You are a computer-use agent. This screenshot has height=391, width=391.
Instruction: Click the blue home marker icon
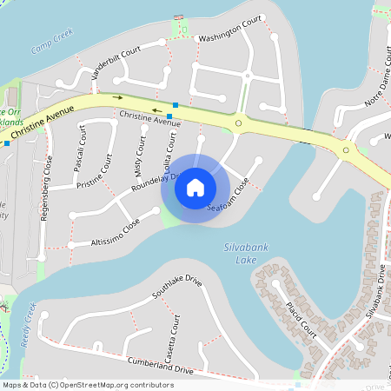pyautogui.click(x=195, y=187)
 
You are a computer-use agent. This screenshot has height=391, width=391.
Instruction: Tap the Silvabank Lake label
pyautogui.click(x=246, y=254)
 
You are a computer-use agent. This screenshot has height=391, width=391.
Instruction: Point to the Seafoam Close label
pyautogui.click(x=229, y=195)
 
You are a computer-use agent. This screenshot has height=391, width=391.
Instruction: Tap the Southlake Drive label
pyautogui.click(x=177, y=287)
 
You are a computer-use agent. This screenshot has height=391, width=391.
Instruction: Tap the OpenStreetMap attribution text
pyautogui.click(x=88, y=384)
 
